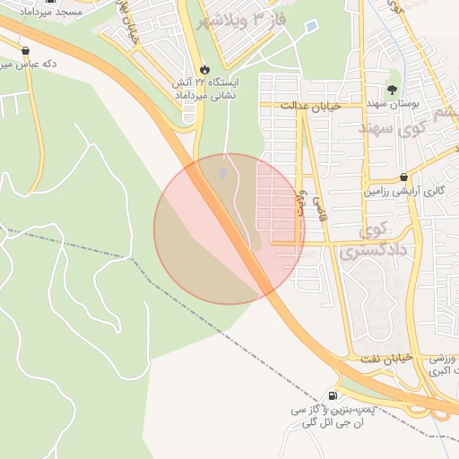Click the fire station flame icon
click(x=204, y=69)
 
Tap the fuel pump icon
click(x=333, y=395)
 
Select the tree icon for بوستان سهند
click(x=392, y=89)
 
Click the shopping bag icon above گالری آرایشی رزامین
click(x=404, y=177)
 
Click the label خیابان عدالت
click(x=311, y=106)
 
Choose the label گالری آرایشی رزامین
click(x=403, y=191)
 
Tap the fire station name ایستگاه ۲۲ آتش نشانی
click(x=204, y=88)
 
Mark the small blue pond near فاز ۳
click(x=311, y=28)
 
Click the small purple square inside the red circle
click(x=223, y=171)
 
